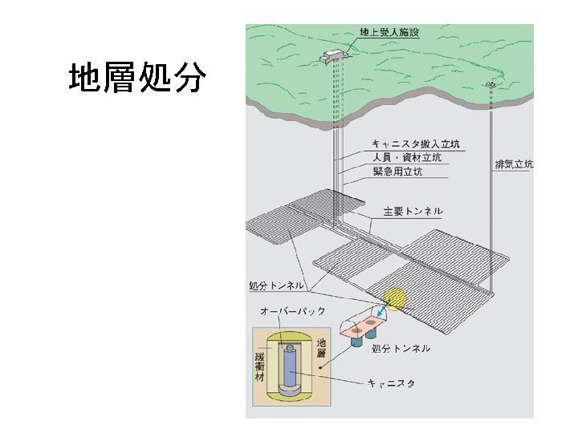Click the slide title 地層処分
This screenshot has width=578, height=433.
[x=137, y=79]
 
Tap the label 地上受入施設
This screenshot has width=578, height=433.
[x=390, y=33]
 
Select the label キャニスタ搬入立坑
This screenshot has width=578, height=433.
[x=416, y=144]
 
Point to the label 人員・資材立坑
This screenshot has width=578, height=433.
[x=408, y=158]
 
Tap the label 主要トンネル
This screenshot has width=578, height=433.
[x=413, y=212]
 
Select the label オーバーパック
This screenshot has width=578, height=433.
[x=292, y=310]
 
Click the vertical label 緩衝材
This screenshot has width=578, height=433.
[x=259, y=365]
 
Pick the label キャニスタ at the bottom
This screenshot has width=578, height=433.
[x=391, y=384]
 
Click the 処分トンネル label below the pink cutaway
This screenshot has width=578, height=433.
[x=401, y=348]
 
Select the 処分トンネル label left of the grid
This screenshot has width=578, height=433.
[x=276, y=285]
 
